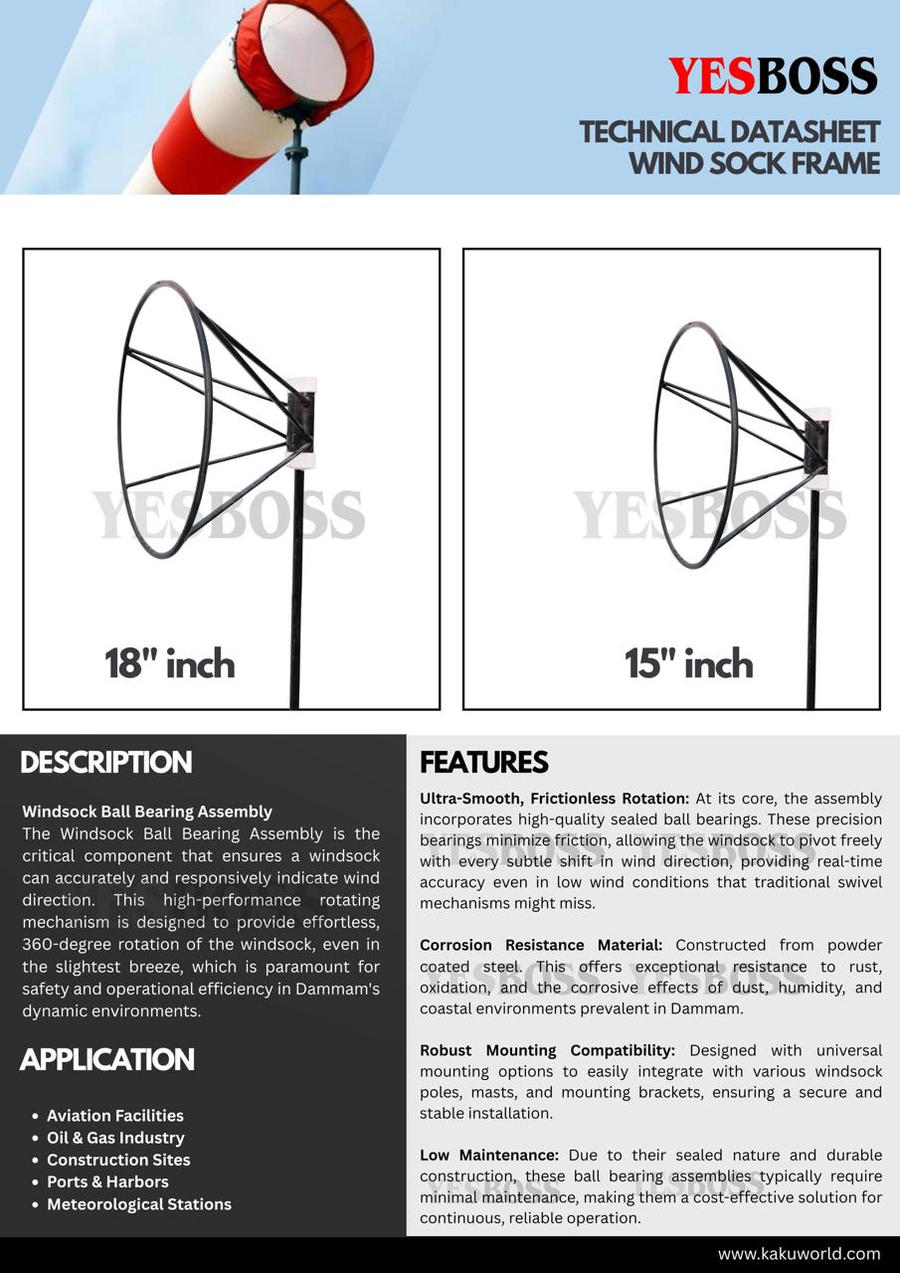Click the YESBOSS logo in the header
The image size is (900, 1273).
click(772, 77)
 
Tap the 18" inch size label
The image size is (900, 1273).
click(170, 663)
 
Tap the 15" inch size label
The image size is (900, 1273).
click(688, 663)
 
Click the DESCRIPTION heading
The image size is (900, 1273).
click(106, 763)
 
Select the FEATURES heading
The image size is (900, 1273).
click(483, 763)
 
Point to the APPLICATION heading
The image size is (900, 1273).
click(107, 1060)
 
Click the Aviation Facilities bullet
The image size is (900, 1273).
click(114, 1116)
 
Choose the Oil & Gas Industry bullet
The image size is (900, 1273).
click(115, 1138)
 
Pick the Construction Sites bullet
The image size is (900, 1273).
click(118, 1160)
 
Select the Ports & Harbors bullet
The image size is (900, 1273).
click(107, 1182)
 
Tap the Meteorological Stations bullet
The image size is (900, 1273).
click(138, 1203)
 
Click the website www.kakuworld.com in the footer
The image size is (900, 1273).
click(799, 1254)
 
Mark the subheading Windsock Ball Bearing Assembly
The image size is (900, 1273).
click(147, 812)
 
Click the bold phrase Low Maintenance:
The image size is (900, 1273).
click(489, 1155)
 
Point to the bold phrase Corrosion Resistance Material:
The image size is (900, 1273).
click(541, 945)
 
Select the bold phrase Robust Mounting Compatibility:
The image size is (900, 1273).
click(547, 1050)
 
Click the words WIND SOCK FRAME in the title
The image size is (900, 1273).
click(755, 163)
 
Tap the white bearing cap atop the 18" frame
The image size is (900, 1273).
click(301, 384)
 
